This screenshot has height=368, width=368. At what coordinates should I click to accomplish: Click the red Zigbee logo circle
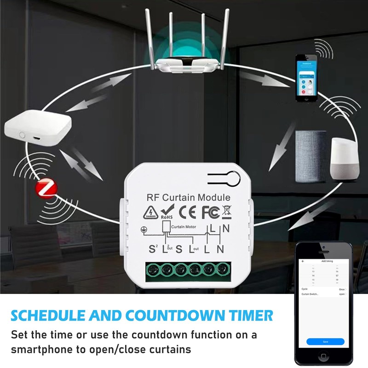point(45,188)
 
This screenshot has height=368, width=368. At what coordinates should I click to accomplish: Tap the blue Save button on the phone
point(325,342)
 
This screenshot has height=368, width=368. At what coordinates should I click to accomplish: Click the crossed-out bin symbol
point(226,213)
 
